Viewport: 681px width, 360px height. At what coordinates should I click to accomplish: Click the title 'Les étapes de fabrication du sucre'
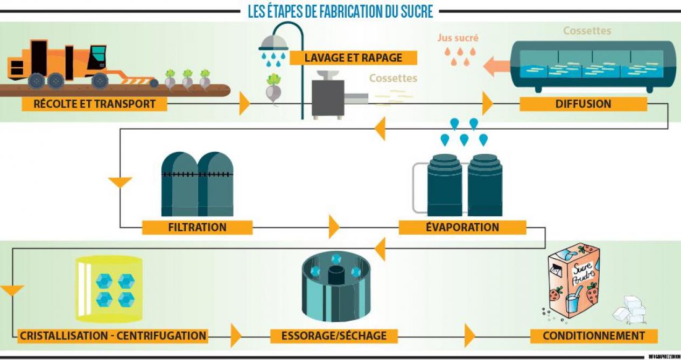pos(340,11)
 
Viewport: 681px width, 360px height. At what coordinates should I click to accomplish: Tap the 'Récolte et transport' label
pos(94,104)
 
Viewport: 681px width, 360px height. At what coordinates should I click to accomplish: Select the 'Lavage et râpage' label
pos(353,58)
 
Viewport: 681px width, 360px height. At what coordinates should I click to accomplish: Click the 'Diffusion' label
pos(583,104)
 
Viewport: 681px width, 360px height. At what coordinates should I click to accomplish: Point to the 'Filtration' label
pos(197,227)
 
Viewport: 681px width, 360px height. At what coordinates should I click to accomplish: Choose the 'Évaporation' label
pos(462,227)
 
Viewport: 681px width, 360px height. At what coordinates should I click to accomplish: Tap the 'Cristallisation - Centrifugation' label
pos(113,336)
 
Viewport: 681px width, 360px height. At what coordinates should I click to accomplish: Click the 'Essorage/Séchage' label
pos(334,336)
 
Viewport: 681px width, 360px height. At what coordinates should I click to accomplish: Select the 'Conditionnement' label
pos(593,336)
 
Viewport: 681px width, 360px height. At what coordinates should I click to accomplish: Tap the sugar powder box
pos(573,280)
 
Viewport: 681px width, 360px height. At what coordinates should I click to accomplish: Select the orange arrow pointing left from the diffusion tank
pos(496,67)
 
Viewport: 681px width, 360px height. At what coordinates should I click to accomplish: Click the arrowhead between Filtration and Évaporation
pos(334,227)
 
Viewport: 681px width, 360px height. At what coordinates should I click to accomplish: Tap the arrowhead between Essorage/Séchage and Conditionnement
pos(470,336)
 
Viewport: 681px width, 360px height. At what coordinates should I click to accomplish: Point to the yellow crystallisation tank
pos(109,288)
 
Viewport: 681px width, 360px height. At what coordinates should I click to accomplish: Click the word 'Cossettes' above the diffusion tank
pos(587,31)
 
